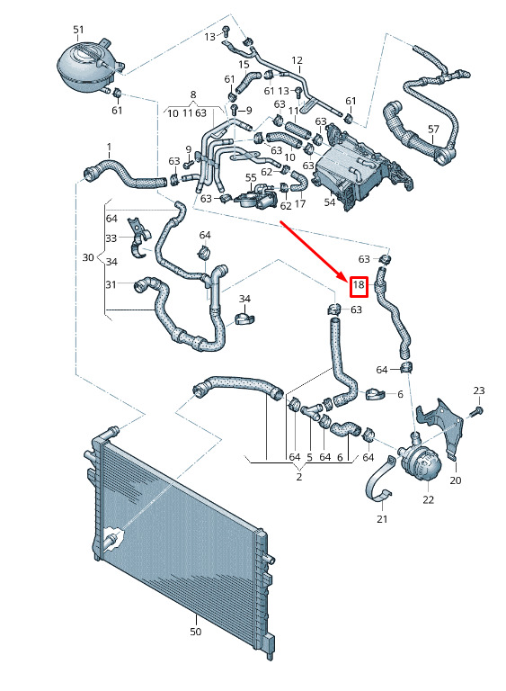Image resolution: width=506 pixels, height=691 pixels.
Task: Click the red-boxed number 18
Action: click(x=359, y=284)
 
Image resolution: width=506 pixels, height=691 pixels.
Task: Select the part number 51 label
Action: click(x=78, y=30)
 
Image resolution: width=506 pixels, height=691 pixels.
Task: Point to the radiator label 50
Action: click(x=196, y=632)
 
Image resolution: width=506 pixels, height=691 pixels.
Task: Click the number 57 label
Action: click(x=433, y=130)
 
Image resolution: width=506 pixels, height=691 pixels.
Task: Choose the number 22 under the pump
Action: click(x=428, y=499)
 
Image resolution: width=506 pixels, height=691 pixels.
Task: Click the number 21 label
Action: click(x=382, y=519)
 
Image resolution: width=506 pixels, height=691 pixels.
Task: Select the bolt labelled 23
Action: click(x=476, y=412)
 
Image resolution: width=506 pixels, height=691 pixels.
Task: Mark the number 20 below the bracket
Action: click(x=456, y=480)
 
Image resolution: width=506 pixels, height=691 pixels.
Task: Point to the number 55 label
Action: click(x=251, y=178)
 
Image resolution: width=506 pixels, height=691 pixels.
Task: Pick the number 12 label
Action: click(x=297, y=60)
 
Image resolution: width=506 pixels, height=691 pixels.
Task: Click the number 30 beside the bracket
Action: click(x=88, y=257)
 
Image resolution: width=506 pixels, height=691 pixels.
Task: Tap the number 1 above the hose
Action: click(x=110, y=148)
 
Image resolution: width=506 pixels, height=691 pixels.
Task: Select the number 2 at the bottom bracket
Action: click(x=299, y=477)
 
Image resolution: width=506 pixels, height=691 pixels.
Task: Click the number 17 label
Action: click(x=300, y=204)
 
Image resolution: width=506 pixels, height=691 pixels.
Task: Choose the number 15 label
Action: click(x=244, y=65)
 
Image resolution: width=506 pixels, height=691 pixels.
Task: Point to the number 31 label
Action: click(x=111, y=284)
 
